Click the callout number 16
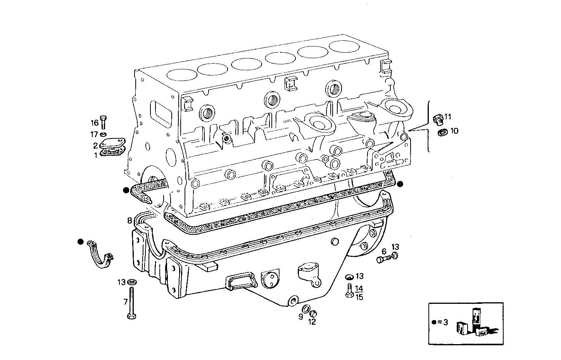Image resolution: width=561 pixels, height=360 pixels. [x=95, y=123]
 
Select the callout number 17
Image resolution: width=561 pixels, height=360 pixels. [x=94, y=134]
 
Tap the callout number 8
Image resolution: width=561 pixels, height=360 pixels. [x=129, y=221]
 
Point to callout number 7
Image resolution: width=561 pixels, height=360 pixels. [x=125, y=301]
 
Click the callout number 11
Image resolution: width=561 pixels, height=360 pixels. [x=448, y=117]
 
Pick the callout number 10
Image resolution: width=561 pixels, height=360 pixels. [x=454, y=131]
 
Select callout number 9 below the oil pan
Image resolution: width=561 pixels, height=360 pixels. [x=300, y=317]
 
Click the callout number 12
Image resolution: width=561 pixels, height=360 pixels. [x=312, y=322]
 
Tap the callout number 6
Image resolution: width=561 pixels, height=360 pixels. [x=384, y=251]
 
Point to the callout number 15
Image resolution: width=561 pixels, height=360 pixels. [x=359, y=297]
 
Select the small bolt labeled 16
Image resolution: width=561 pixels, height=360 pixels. [x=103, y=122]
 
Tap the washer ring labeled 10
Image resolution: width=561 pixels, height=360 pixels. [x=442, y=133]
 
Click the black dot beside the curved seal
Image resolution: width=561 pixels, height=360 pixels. [x=80, y=242]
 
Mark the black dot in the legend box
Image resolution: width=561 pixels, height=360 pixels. [x=434, y=322]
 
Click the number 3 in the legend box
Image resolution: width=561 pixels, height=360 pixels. [x=445, y=322]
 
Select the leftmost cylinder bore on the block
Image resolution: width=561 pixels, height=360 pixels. [x=180, y=75]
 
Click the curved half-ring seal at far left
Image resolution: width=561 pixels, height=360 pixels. [x=100, y=255]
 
